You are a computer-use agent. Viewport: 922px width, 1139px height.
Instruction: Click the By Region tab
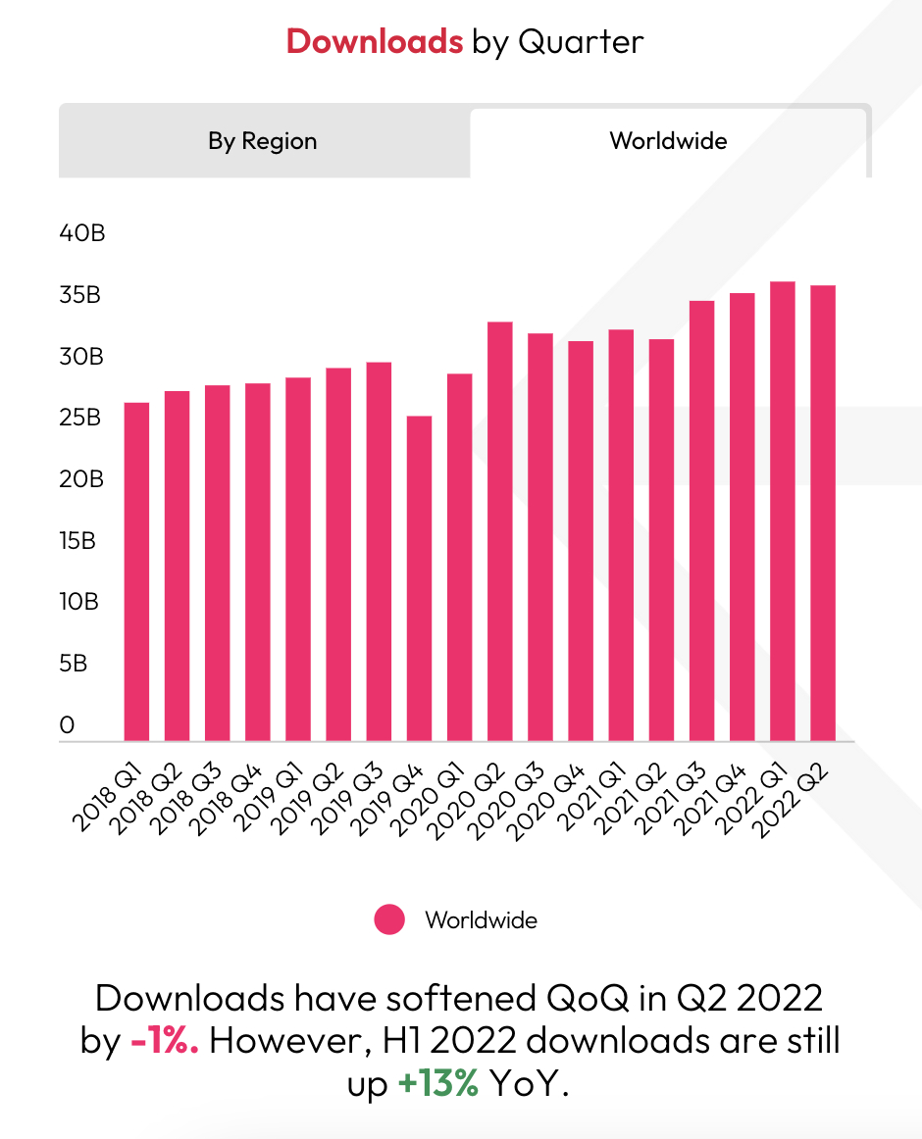263,141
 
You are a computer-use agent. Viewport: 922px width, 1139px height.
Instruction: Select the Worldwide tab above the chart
668,141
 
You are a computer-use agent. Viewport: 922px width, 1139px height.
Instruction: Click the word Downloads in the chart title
374,41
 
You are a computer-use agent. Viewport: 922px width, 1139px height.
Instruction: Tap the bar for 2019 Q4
419,578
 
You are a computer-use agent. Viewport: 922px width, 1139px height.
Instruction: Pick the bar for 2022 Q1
782,511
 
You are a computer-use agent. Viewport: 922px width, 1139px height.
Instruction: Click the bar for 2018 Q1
136,571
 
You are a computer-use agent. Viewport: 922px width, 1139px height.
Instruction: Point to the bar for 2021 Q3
701,520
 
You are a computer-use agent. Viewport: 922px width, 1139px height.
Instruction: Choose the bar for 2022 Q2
822,513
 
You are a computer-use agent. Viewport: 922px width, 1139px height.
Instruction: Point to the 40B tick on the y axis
82,233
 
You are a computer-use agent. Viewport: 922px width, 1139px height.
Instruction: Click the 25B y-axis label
81,419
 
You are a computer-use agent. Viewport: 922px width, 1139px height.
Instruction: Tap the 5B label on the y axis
74,664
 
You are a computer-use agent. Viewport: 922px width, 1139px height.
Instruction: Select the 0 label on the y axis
67,725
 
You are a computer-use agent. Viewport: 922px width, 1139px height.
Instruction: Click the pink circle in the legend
389,920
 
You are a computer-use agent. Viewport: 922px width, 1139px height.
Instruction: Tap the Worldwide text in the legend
481,920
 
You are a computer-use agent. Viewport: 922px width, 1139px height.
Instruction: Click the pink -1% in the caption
164,1041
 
